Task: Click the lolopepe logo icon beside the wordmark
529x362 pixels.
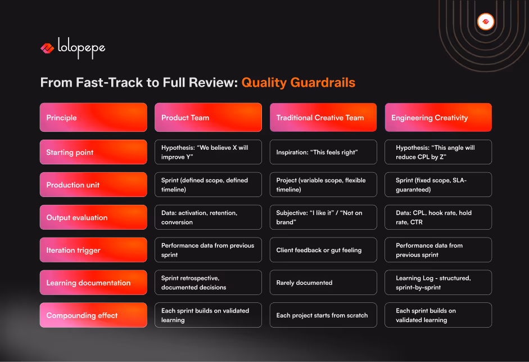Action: point(47,48)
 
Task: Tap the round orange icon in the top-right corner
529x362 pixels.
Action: point(485,22)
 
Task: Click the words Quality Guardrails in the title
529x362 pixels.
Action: point(298,83)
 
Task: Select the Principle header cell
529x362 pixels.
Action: point(93,118)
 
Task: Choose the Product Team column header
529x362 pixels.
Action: point(208,118)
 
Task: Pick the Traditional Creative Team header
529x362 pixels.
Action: point(323,118)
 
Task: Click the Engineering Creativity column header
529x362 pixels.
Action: point(438,118)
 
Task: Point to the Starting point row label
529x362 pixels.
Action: point(93,152)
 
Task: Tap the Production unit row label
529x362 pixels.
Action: point(93,185)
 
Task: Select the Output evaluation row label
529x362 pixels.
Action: point(93,217)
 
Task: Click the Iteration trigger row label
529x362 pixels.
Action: point(93,250)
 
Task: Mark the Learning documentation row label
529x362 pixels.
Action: point(93,283)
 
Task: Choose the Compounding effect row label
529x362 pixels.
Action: point(93,315)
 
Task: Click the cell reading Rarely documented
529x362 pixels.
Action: point(323,283)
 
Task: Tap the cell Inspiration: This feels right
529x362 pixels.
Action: point(323,152)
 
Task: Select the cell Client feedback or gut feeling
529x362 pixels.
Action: point(323,250)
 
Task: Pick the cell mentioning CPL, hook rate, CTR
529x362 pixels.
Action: point(438,217)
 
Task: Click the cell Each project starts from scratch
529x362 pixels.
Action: point(323,315)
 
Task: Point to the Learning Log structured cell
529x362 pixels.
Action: point(438,283)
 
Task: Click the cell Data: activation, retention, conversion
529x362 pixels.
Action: point(208,217)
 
